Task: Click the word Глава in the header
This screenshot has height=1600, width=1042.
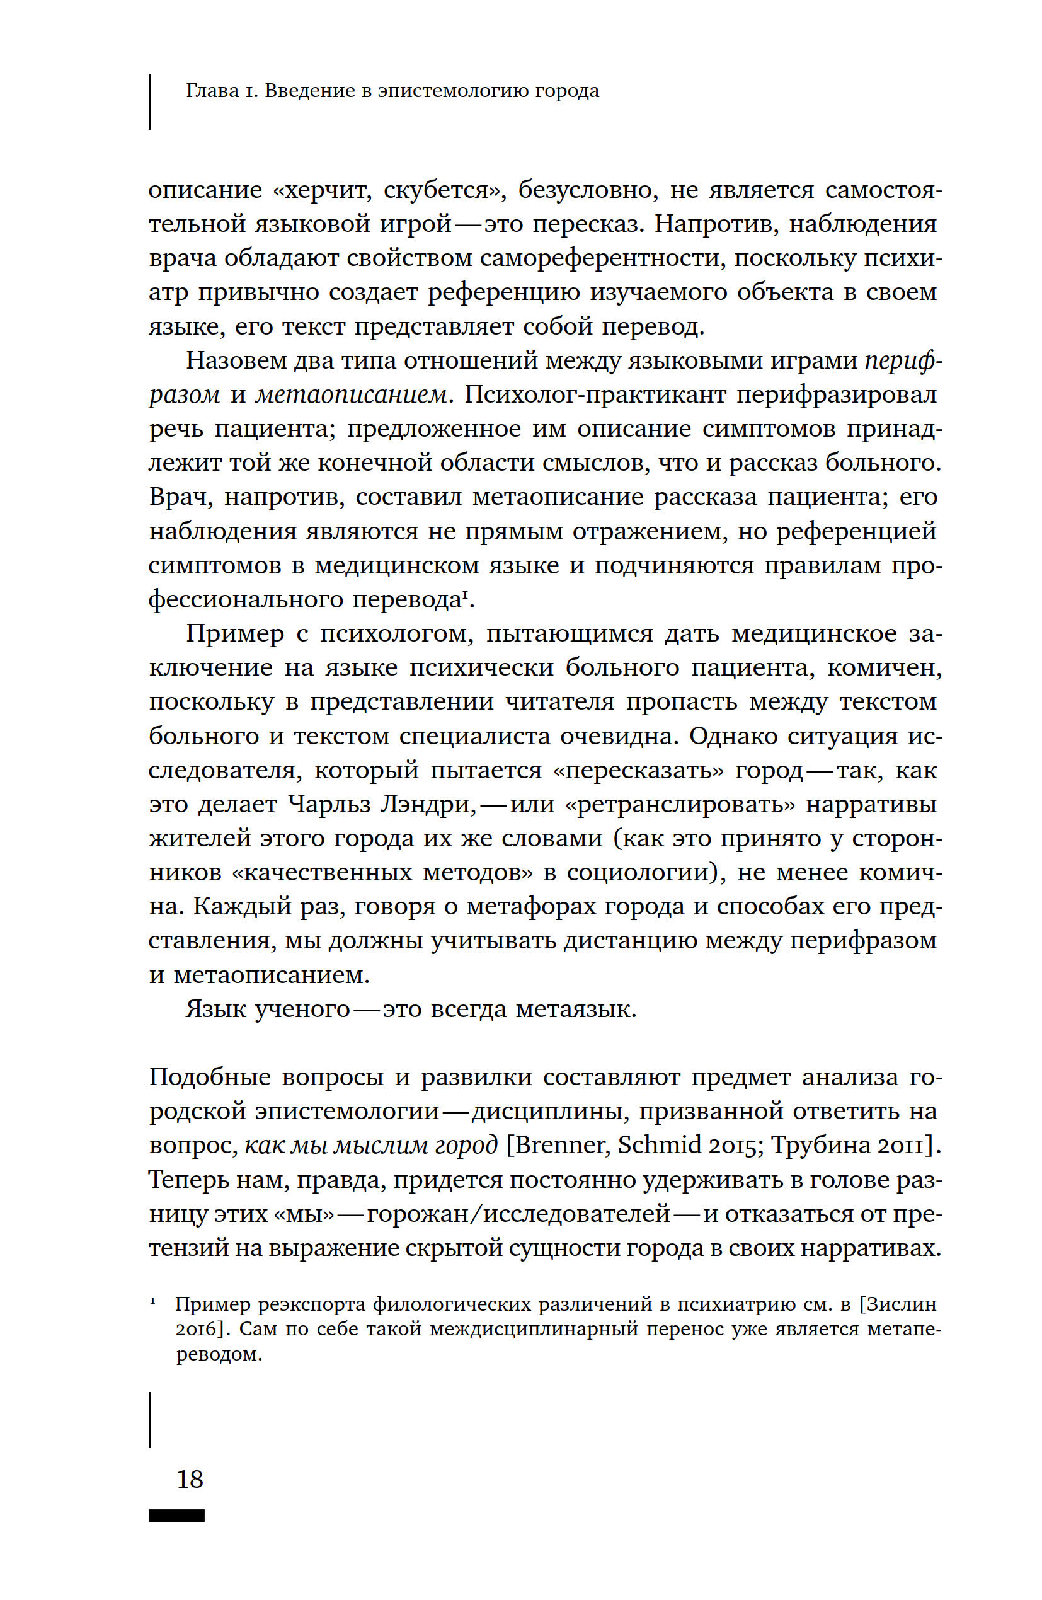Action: (212, 90)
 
